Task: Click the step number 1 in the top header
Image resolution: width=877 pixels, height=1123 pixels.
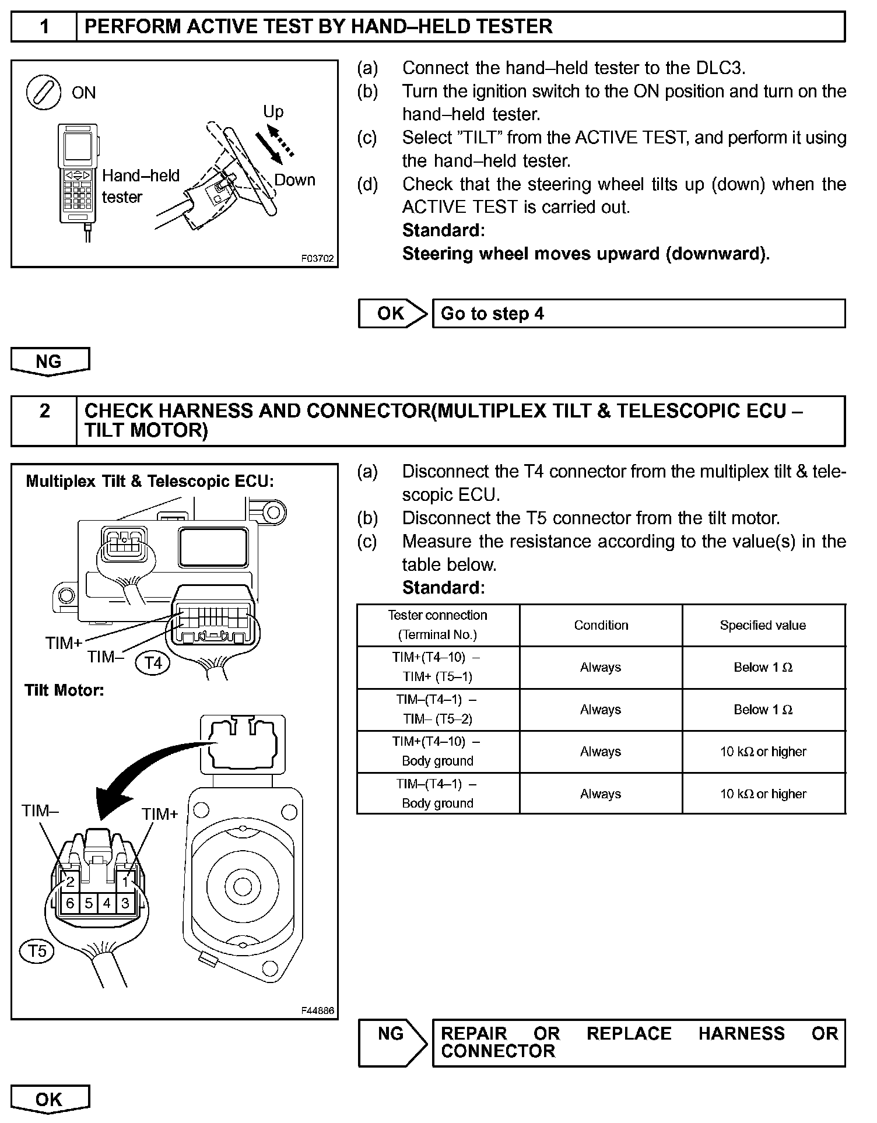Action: (44, 27)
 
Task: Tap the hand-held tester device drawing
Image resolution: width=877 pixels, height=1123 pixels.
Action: (78, 175)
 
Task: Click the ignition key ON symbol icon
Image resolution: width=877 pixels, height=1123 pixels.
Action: (44, 93)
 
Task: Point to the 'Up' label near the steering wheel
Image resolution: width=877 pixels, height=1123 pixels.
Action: (273, 111)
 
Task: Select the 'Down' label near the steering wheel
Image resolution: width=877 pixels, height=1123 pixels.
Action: (294, 180)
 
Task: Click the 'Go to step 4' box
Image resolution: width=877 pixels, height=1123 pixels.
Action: (638, 314)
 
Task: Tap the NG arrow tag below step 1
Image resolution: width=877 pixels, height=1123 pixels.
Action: (50, 362)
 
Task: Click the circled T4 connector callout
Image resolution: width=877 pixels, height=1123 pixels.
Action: (153, 663)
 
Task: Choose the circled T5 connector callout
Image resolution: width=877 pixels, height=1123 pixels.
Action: (37, 951)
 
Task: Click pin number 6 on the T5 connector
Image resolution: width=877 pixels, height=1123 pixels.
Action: (71, 903)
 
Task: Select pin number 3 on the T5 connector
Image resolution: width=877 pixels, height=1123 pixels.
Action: (125, 903)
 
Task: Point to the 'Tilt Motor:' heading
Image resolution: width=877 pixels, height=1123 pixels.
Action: (64, 690)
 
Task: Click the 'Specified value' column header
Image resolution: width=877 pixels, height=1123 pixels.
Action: (763, 625)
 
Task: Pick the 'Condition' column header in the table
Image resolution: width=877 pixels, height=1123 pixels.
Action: (601, 625)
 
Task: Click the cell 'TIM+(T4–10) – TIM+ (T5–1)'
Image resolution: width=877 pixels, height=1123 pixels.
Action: (437, 667)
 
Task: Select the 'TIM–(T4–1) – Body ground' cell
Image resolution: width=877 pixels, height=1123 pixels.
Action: (437, 794)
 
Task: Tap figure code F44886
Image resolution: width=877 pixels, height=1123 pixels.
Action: (318, 1010)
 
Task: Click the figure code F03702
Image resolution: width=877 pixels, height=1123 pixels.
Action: (318, 258)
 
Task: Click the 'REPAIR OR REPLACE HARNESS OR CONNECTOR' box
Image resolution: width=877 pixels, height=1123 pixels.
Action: (638, 1043)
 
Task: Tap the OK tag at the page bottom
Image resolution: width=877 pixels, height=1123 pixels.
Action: (50, 1099)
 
